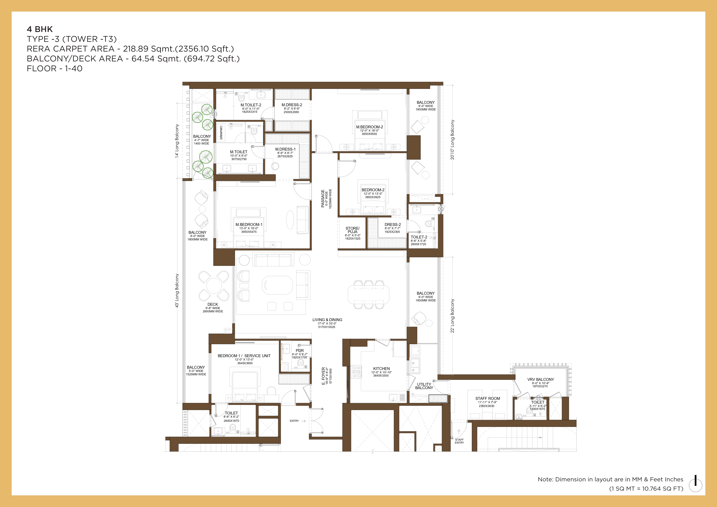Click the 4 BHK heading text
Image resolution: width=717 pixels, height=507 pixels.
(x=40, y=29)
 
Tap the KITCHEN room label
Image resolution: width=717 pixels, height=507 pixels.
(x=381, y=369)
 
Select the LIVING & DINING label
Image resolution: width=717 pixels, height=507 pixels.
(x=327, y=320)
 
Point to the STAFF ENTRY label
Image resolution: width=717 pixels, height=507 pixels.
(x=459, y=441)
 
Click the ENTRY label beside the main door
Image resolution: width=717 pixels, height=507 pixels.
(x=294, y=421)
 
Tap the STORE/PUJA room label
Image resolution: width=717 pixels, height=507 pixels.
(x=352, y=230)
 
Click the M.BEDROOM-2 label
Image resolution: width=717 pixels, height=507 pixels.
(x=370, y=127)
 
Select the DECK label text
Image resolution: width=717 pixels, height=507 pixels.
(x=213, y=304)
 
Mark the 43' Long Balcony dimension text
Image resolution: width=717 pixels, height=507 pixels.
(x=177, y=291)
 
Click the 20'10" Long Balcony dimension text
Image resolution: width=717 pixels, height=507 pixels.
(x=452, y=140)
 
